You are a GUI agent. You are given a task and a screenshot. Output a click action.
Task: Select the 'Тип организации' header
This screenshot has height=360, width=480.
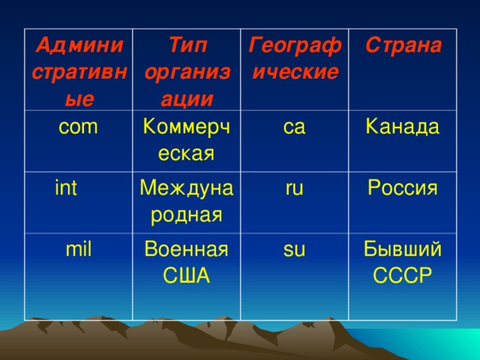tap(187, 71)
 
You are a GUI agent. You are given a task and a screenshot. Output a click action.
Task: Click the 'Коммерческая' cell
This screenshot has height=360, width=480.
tap(185, 140)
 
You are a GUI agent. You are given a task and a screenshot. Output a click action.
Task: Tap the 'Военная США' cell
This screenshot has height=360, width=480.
tap(187, 262)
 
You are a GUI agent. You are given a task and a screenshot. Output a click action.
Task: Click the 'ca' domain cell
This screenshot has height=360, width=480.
tap(294, 127)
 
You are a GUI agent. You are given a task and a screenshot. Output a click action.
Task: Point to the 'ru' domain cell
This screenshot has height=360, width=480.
tap(294, 188)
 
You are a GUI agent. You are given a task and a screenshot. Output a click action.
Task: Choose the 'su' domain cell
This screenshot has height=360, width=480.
tap(294, 249)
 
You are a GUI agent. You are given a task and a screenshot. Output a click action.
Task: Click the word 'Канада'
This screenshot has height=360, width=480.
tap(402, 127)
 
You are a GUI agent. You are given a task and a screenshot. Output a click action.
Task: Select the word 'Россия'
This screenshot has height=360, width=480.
tap(402, 188)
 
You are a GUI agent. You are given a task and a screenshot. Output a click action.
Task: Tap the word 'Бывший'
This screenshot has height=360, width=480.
tap(402, 249)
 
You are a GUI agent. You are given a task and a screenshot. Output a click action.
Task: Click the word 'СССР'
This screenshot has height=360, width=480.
tap(402, 275)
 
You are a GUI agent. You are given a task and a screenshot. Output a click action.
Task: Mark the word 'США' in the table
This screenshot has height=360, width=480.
tap(187, 275)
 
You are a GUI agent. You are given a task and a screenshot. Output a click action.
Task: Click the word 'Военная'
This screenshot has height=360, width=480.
tap(187, 249)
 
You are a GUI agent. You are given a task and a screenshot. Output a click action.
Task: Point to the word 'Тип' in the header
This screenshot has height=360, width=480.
tap(187, 45)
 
